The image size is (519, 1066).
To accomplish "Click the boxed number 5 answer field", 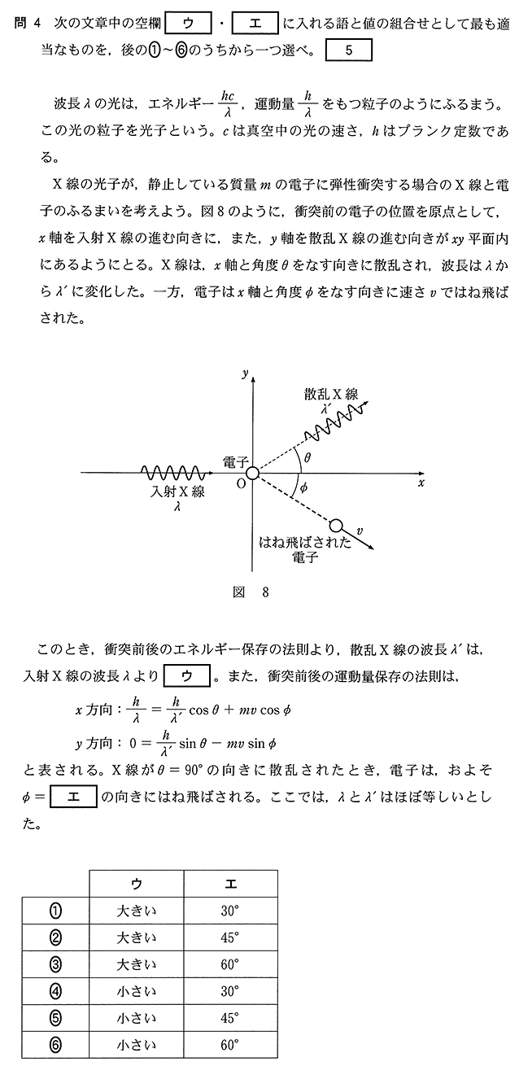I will click(x=348, y=50).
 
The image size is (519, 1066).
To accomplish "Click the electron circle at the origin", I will click(x=252, y=473).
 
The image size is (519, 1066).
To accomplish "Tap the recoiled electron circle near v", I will click(x=336, y=526).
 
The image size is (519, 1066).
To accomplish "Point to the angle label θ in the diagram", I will click(x=307, y=458).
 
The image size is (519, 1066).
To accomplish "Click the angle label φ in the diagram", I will click(x=303, y=488).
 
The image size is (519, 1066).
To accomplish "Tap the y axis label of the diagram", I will click(x=244, y=373).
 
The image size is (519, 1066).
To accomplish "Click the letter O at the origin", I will click(x=240, y=484).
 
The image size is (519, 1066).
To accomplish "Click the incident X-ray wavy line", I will click(x=172, y=473).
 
